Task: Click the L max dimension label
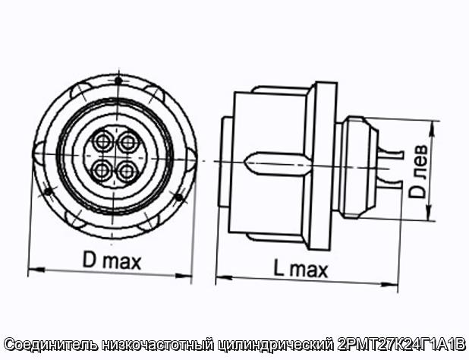point(301,270)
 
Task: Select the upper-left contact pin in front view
point(102,141)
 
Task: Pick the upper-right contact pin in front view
point(128,142)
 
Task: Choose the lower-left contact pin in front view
point(102,171)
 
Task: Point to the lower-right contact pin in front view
point(127,172)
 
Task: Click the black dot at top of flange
point(118,81)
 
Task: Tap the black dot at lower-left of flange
point(47,191)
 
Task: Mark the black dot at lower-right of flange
point(178,197)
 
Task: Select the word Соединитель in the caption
point(51,345)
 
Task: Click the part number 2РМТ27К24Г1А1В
point(401,344)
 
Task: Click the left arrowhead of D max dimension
point(36,270)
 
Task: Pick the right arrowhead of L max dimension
point(389,284)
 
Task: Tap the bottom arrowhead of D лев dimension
point(430,213)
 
